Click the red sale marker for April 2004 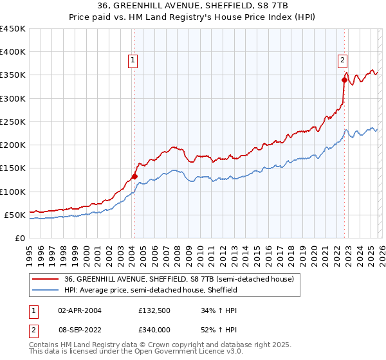[x=134, y=176]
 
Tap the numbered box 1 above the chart [x=133, y=61]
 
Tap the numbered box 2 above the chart [x=342, y=61]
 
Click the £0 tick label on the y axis [x=19, y=238]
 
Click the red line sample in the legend [x=46, y=279]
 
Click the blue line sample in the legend [x=46, y=290]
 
